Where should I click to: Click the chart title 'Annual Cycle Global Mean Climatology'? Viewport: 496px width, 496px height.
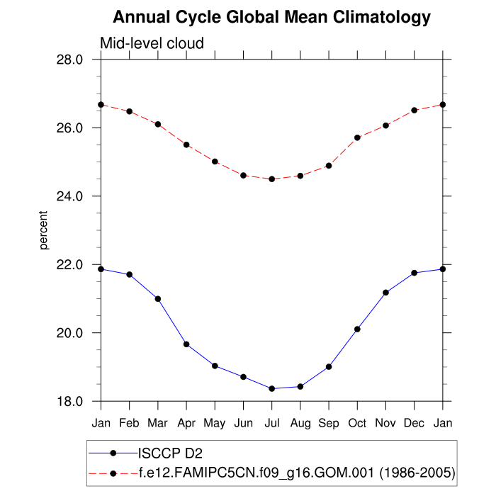271,17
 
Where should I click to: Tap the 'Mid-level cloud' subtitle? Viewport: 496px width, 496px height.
152,43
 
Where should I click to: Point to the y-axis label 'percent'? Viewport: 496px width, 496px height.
44,230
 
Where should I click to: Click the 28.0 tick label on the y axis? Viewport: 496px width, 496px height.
69,60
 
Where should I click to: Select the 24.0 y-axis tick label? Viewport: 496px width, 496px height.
69,196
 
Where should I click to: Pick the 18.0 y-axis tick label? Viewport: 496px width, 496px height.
69,402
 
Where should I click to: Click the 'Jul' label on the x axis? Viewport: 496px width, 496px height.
271,423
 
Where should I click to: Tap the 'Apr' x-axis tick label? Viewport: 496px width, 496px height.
186,423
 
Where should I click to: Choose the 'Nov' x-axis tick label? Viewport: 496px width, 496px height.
385,423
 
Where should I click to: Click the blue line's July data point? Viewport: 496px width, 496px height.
271,388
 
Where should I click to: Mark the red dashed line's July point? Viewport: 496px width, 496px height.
271,179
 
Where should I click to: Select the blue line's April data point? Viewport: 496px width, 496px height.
186,344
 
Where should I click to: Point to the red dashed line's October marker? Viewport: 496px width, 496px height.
357,137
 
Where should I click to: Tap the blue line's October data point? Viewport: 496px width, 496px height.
357,329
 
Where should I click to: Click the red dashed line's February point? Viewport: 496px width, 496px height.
129,111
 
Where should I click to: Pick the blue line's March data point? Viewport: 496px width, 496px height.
158,299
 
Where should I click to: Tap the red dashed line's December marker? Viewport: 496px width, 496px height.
415,110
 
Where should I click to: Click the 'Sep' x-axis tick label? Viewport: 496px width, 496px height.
329,423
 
